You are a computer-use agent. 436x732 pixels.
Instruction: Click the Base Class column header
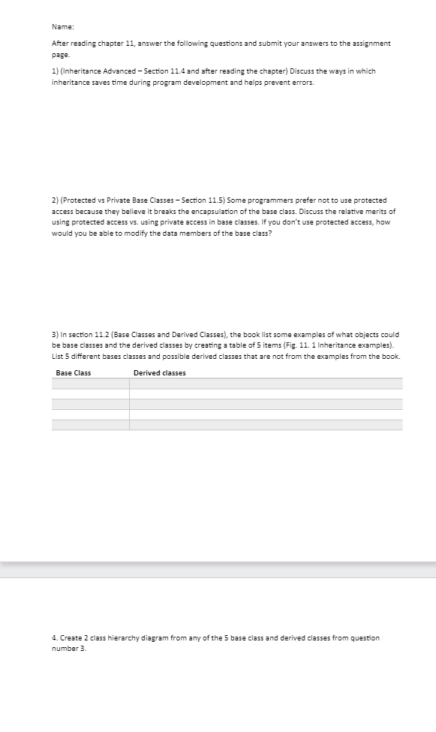click(73, 373)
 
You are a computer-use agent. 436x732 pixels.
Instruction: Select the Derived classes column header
click(160, 373)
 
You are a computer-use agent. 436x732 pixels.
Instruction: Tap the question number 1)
click(55, 71)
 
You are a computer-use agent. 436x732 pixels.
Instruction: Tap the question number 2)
click(55, 200)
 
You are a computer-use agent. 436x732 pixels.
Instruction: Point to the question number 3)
click(55, 334)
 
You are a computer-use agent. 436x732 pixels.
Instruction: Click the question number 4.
click(54, 638)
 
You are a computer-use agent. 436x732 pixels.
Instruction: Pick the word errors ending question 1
click(304, 82)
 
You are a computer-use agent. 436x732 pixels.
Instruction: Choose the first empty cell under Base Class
click(90, 384)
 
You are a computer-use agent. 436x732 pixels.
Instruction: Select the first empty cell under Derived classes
click(266, 384)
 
